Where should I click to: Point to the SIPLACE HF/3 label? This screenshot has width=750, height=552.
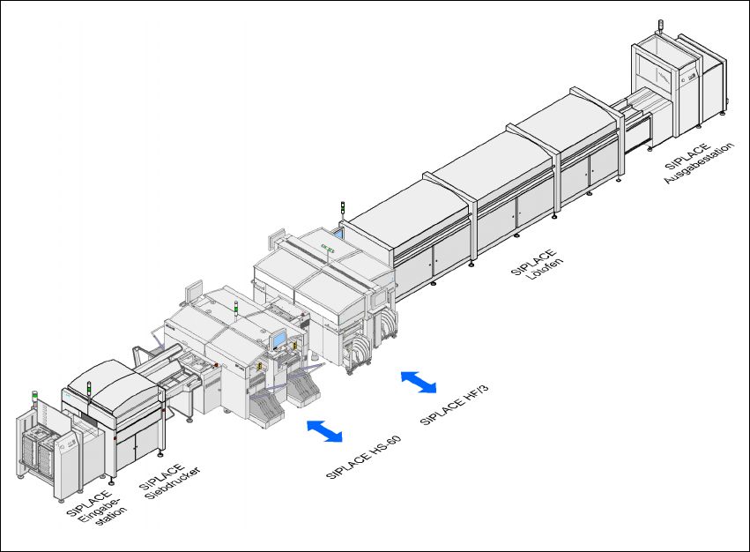click(x=453, y=400)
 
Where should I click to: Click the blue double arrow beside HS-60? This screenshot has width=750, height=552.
click(x=324, y=430)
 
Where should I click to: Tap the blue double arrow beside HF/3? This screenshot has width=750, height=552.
click(x=419, y=381)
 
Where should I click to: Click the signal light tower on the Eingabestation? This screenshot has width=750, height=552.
click(x=35, y=401)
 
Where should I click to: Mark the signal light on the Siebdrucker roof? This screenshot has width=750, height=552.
click(x=89, y=386)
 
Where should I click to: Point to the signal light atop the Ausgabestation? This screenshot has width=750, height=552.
click(x=657, y=27)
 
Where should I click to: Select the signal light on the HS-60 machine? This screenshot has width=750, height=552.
click(x=235, y=307)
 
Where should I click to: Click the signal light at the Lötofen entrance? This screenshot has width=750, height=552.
click(x=342, y=208)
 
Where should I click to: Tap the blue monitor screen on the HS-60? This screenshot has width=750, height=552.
click(x=278, y=339)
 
